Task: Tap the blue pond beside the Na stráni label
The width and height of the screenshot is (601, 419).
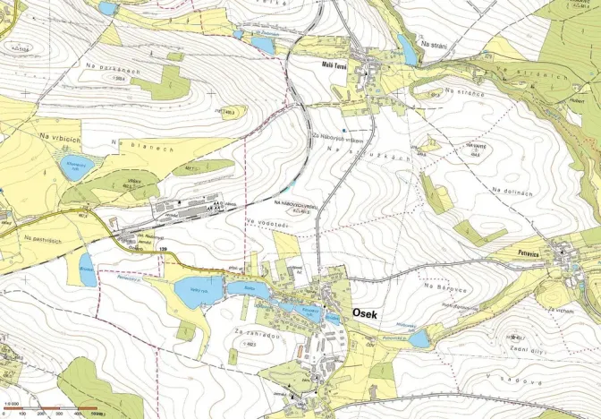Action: coord(407,51)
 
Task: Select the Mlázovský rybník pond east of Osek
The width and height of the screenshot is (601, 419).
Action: coord(419,339)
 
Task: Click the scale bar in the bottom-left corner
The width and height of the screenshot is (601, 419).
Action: coord(54,413)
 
